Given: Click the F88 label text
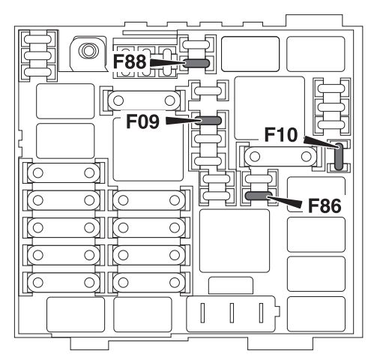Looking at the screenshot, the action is (x=130, y=61).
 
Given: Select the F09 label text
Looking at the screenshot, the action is (x=142, y=121).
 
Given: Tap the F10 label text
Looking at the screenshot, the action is (x=281, y=135).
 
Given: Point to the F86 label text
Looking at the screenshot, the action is (x=325, y=205).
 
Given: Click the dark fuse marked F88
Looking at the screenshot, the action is (x=196, y=63).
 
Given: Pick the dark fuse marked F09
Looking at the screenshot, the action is (x=208, y=121).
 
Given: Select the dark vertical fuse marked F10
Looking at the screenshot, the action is (x=339, y=157).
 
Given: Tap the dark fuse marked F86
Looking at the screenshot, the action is (x=259, y=196).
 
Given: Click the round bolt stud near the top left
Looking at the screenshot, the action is (x=87, y=50).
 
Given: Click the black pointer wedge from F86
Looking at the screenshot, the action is (x=285, y=202).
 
